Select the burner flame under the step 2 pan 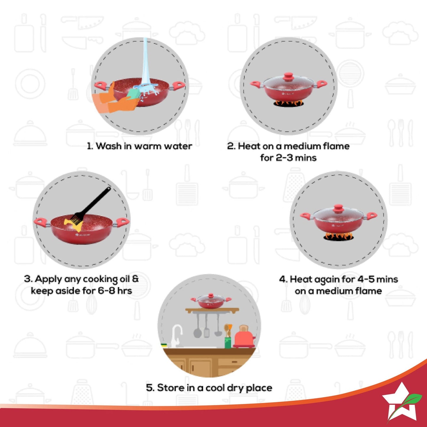pyautogui.click(x=288, y=103)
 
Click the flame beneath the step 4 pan pyautogui.click(x=338, y=236)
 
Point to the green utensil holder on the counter pyautogui.click(x=228, y=342)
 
